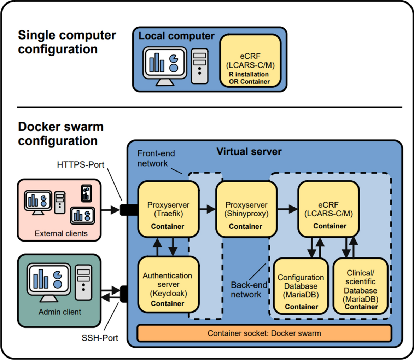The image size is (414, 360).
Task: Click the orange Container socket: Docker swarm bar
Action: [264, 333]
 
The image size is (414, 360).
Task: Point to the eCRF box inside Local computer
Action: [250, 60]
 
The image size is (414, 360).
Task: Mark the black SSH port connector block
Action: [124, 294]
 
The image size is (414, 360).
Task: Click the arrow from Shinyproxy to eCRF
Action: [287, 209]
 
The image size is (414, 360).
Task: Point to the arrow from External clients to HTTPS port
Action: [111, 210]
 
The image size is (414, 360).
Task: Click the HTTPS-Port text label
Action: [81, 165]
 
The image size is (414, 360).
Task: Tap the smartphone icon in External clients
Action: [86, 193]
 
